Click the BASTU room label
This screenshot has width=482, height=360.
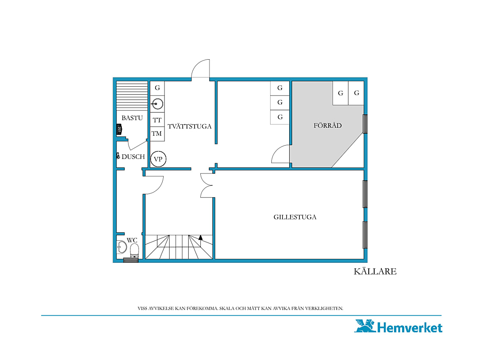(132, 118)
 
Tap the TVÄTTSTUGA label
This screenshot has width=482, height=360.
(189, 126)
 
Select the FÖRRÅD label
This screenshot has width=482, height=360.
(327, 125)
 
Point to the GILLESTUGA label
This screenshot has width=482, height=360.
(295, 217)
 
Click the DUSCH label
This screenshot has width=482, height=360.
(133, 157)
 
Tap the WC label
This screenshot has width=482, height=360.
(132, 240)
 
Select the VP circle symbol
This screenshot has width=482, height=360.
(158, 159)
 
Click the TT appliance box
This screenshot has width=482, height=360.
(157, 120)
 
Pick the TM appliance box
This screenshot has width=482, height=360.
(157, 134)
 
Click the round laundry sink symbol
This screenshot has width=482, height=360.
(157, 104)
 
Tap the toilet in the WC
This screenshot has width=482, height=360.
(134, 251)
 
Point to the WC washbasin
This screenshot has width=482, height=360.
(122, 247)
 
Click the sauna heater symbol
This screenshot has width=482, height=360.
(119, 129)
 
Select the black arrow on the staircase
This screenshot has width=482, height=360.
(200, 237)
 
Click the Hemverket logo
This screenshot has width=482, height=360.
(398, 326)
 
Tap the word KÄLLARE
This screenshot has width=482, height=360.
(375, 272)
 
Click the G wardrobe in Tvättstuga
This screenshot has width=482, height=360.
(157, 88)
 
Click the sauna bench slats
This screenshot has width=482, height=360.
(132, 96)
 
